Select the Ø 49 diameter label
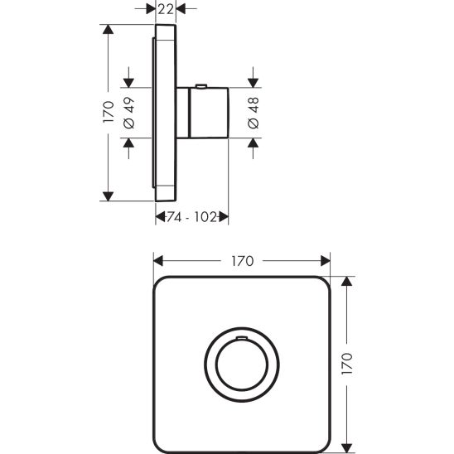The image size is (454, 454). click(x=128, y=112)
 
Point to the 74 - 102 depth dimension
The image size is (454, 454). click(x=191, y=216)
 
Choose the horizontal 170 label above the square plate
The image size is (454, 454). click(x=241, y=260)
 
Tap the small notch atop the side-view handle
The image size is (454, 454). click(x=201, y=85)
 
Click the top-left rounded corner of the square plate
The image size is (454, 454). click(x=162, y=284)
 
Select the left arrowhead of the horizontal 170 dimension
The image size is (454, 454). click(x=157, y=260)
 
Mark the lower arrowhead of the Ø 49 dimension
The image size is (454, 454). click(x=128, y=142)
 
